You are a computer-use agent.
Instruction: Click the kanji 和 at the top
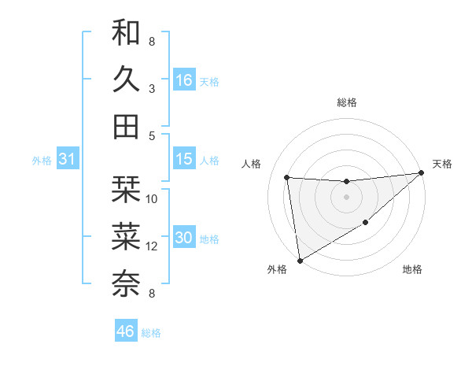coord(126,34)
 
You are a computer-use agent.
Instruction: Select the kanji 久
coord(126,80)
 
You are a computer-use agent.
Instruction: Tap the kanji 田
coord(126,126)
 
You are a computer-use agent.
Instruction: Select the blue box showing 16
coord(184,80)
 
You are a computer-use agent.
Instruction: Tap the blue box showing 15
coord(184,159)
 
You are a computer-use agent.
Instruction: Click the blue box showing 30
coord(184,238)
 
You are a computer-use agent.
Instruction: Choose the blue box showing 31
coord(67,159)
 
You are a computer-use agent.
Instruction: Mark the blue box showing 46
coord(126,331)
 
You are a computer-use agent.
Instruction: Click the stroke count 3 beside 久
coord(152,89)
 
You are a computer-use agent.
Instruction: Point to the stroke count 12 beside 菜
coord(152,246)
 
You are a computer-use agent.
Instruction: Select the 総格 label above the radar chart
coord(346,102)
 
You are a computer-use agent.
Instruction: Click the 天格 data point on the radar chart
coord(422,173)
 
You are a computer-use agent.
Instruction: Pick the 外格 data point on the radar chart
coord(299,260)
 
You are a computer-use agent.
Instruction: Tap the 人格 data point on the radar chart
coord(286,177)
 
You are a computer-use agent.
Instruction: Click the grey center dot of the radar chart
coord(346,197)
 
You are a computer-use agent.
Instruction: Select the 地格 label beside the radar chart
coord(412,270)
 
